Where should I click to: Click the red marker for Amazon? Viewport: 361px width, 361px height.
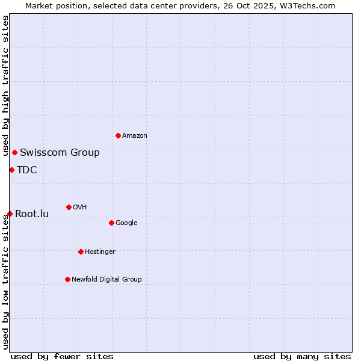[x=118, y=135]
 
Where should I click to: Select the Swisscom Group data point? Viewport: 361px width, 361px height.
[x=14, y=152]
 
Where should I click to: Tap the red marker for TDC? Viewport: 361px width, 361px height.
[x=11, y=170]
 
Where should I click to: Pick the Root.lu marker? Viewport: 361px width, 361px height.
[x=10, y=214]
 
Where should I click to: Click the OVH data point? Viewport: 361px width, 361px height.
[x=69, y=207]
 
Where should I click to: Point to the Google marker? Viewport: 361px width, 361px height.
[x=111, y=223]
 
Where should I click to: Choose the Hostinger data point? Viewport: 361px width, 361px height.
[x=81, y=251]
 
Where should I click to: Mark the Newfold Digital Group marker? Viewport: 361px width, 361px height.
[x=67, y=279]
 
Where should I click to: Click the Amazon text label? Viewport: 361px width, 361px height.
[x=134, y=135]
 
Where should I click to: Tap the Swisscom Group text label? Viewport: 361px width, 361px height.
[x=60, y=152]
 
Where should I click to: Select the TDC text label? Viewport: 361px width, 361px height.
[x=27, y=170]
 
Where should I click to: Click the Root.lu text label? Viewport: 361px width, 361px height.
[x=32, y=214]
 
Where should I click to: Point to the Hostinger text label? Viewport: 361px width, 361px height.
[x=100, y=251]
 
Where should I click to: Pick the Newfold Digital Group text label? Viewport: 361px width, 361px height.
[x=106, y=279]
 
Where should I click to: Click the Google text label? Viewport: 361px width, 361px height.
[x=126, y=223]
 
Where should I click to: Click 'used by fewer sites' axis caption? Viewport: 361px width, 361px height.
[x=62, y=356]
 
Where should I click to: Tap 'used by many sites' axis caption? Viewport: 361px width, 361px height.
[x=302, y=356]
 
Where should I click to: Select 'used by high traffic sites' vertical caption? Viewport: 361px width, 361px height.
[x=5, y=85]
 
